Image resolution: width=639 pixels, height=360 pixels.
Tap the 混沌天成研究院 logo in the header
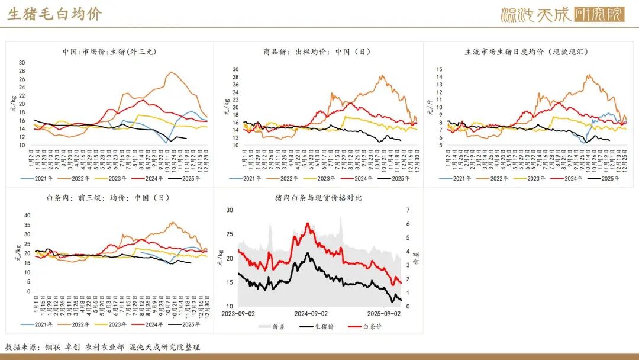pyautogui.click(x=562, y=14)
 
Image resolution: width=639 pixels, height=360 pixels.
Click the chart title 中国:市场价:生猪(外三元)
pyautogui.click(x=109, y=52)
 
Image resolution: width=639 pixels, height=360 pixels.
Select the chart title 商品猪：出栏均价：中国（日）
pyautogui.click(x=317, y=52)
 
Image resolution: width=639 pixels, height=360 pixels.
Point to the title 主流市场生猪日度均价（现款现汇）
pyautogui.click(x=527, y=52)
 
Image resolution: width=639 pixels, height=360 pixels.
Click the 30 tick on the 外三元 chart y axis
pyautogui.click(x=22, y=63)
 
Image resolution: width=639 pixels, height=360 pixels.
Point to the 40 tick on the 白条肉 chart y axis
pyautogui.click(x=26, y=216)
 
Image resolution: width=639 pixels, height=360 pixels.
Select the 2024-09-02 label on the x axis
pyautogui.click(x=312, y=314)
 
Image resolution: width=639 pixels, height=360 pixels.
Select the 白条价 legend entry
pyautogui.click(x=367, y=326)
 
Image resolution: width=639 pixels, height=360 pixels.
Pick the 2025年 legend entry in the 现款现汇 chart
pyautogui.click(x=611, y=178)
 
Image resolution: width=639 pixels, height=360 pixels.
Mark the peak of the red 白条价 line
pyautogui.click(x=308, y=223)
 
